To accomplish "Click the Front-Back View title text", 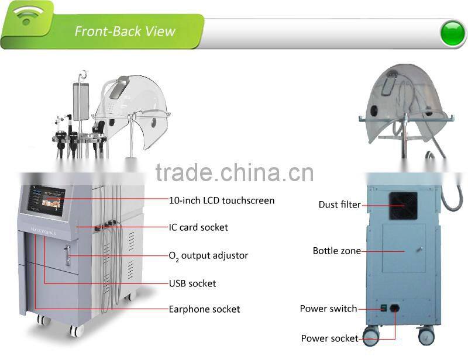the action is [x=125, y=32].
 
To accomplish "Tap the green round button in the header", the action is [x=453, y=33].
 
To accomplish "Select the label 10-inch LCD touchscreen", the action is [x=222, y=200].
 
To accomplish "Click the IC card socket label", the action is [x=198, y=227].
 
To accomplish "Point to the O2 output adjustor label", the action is [x=208, y=255].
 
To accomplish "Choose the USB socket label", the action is [x=192, y=283].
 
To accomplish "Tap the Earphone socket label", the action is [x=204, y=309].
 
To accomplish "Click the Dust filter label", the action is [x=340, y=205].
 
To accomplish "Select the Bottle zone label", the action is [x=337, y=251].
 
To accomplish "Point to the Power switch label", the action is [x=328, y=309].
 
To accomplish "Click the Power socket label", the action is [x=329, y=338].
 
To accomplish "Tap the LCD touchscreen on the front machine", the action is [x=46, y=200].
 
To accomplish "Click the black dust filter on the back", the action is [x=403, y=206].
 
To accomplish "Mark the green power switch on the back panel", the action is [x=384, y=308].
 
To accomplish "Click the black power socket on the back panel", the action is [x=395, y=308].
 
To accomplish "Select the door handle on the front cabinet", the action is [x=68, y=255].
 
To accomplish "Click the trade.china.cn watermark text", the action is [x=235, y=172].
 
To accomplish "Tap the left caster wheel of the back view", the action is [x=371, y=336].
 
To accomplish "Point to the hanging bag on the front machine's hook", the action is [x=81, y=102].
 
